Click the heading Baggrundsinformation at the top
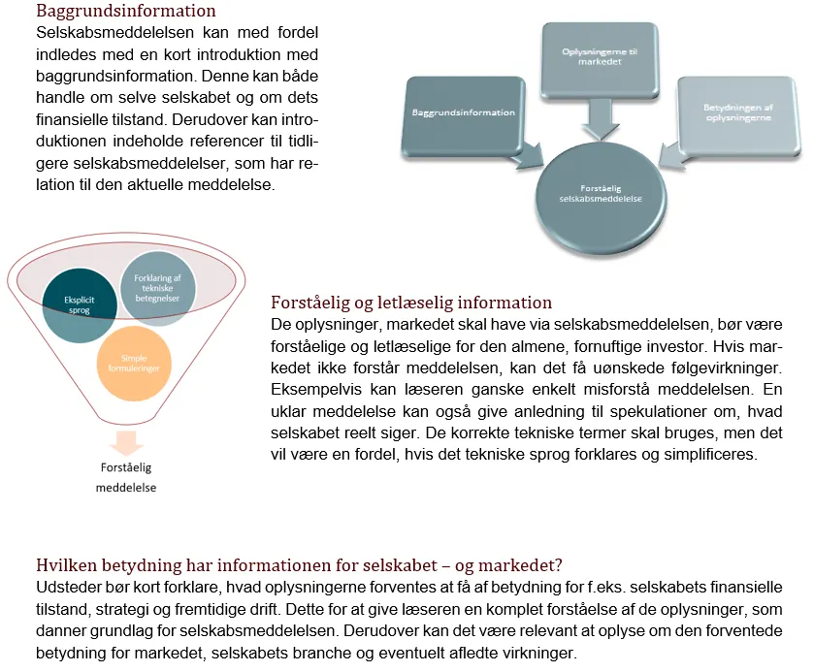click(x=126, y=12)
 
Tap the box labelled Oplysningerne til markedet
click(x=593, y=56)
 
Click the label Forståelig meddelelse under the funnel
click(x=126, y=477)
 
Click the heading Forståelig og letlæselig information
click(x=411, y=303)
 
